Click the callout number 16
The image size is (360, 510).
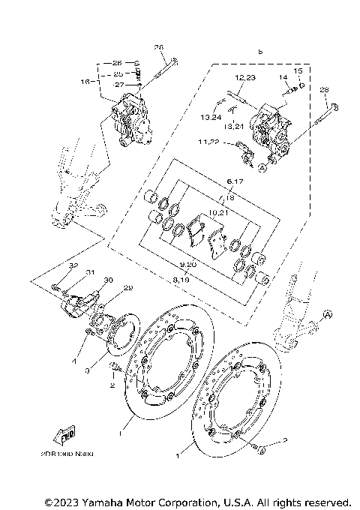[84, 80]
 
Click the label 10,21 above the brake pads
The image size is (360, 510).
[218, 212]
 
